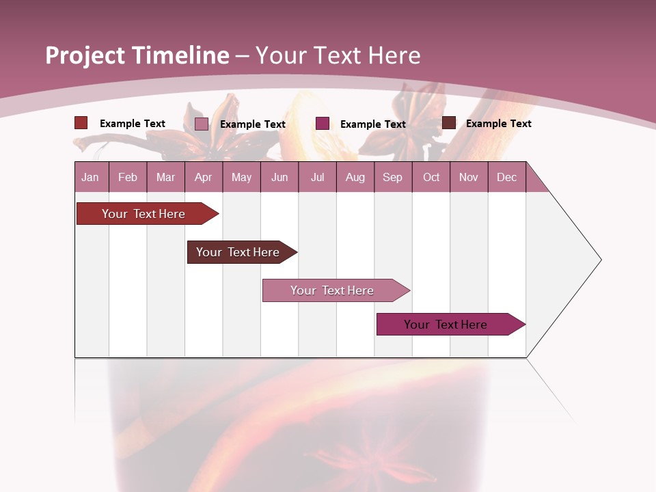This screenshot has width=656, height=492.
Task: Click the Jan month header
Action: coord(90,177)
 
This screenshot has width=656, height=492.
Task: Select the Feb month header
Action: coord(128,177)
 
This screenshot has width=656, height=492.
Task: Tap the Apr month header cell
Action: coord(203,177)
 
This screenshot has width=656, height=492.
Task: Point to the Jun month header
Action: coord(279,177)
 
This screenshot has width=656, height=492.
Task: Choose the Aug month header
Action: coord(355,177)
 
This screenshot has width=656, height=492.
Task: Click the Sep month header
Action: coord(392,177)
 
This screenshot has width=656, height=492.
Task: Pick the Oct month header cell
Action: coord(431,177)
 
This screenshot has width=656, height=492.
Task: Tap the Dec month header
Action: coord(506,177)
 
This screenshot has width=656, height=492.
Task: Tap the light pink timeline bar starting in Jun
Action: coord(333,290)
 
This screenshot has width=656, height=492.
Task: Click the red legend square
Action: coord(81,123)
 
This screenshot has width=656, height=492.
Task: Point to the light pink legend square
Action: coord(202,124)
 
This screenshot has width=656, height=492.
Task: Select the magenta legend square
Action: coord(323,124)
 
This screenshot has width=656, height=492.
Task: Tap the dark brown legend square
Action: coord(449,123)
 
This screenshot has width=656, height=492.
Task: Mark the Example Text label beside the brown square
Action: coord(498,124)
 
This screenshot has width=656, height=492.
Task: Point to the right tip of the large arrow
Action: coord(600,260)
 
